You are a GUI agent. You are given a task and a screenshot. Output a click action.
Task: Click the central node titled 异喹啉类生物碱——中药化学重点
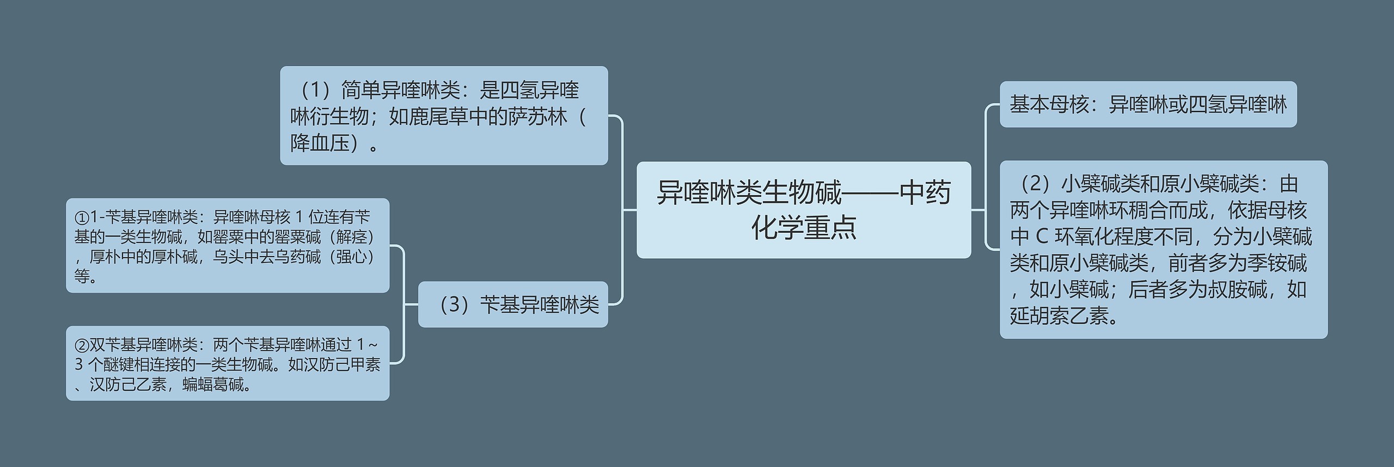[x=803, y=210]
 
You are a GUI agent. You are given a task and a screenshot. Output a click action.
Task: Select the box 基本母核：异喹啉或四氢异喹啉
[x=1148, y=105]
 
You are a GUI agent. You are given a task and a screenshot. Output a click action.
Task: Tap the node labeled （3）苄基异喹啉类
[x=513, y=305]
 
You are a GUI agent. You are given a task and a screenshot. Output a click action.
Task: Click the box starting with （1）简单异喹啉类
[x=444, y=116]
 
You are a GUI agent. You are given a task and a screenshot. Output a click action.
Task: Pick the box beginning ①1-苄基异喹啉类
[x=228, y=246]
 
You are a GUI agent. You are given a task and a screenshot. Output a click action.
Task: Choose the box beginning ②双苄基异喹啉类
[x=228, y=363]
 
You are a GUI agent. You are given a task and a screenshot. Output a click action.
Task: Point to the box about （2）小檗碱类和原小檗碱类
[x=1164, y=250]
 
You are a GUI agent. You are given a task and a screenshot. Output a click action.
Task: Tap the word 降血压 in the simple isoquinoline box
[x=320, y=143]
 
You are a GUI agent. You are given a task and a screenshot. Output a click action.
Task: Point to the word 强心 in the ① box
[x=352, y=257]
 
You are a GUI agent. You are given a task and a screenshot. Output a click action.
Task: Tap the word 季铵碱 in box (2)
[x=1277, y=263]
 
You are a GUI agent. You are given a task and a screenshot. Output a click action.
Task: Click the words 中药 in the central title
[x=925, y=193]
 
